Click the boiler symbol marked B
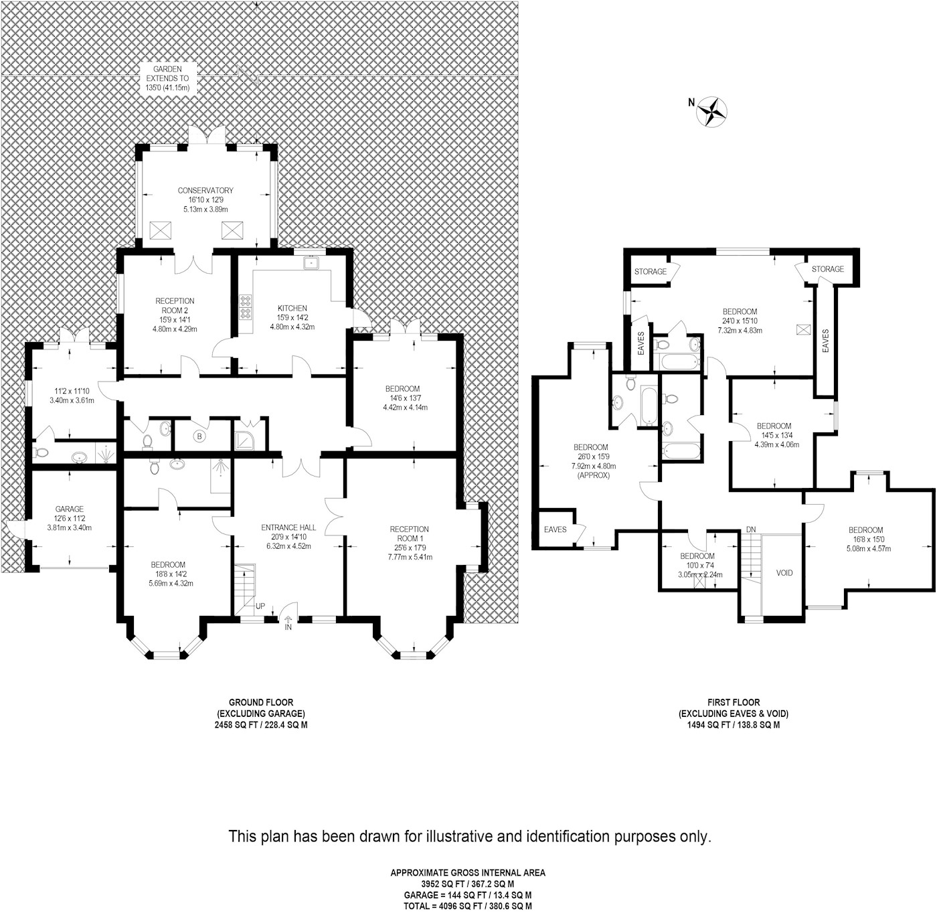198,437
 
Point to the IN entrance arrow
288,622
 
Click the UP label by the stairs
260,606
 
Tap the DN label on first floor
751,529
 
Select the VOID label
784,573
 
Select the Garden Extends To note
167,78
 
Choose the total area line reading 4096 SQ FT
468,906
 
